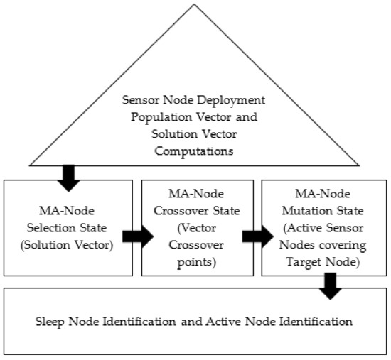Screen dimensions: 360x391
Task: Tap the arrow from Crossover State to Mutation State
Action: [x=254, y=236]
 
